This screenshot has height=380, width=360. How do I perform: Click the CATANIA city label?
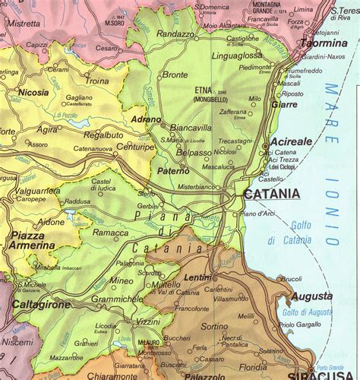[272, 195]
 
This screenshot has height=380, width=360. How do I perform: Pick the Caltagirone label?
[41, 304]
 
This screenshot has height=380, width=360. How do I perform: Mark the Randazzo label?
[175, 34]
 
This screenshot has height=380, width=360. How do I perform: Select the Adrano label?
[146, 120]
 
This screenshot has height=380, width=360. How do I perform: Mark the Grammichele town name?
[116, 299]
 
